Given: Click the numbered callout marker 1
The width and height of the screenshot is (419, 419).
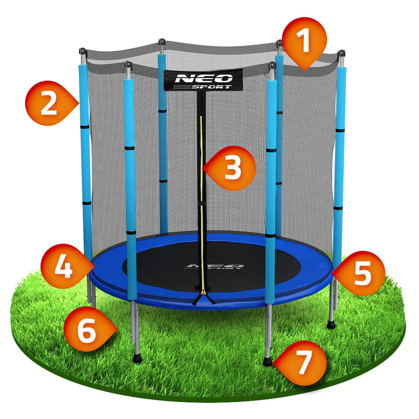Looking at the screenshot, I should [x=304, y=41].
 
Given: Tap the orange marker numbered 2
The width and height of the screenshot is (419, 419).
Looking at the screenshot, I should [x=49, y=103].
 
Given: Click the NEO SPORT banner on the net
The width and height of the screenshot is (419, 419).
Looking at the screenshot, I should [x=203, y=80].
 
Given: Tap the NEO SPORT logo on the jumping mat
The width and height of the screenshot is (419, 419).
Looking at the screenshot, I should [x=214, y=267].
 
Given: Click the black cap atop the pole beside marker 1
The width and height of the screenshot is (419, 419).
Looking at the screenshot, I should [x=279, y=44].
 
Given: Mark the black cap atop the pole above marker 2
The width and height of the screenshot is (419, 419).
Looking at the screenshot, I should [x=82, y=51].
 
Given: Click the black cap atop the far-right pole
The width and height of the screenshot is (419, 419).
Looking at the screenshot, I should [x=341, y=53].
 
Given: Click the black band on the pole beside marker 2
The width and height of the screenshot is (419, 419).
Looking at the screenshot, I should [x=85, y=127].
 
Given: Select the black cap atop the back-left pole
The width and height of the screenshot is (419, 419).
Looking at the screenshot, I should [x=161, y=42].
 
